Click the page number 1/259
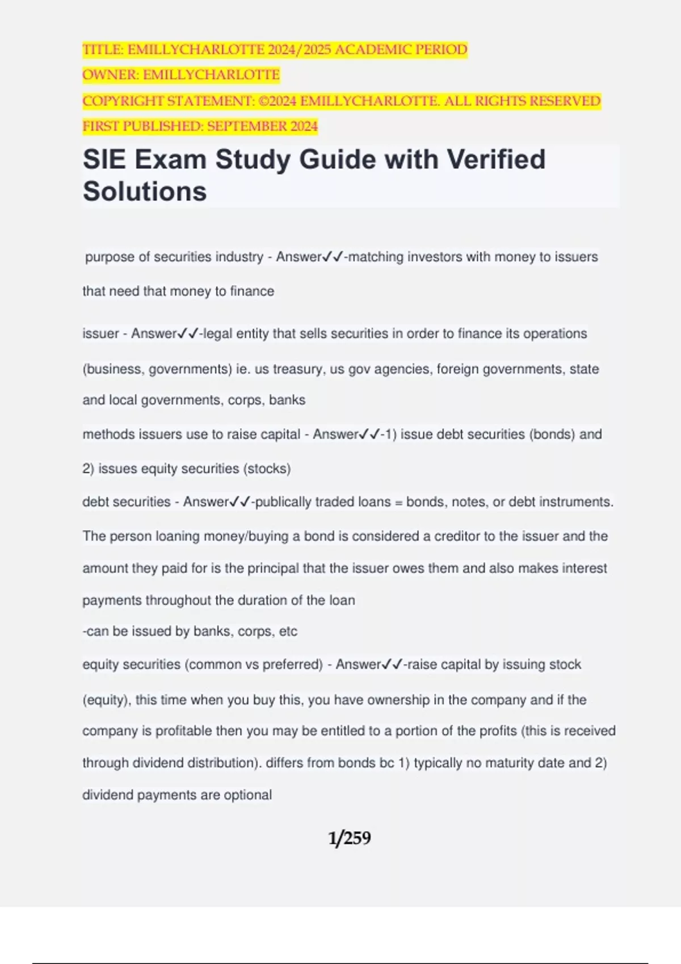click(x=349, y=838)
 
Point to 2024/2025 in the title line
click(x=300, y=50)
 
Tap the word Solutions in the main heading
click(x=145, y=191)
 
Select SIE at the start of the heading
click(x=105, y=159)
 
